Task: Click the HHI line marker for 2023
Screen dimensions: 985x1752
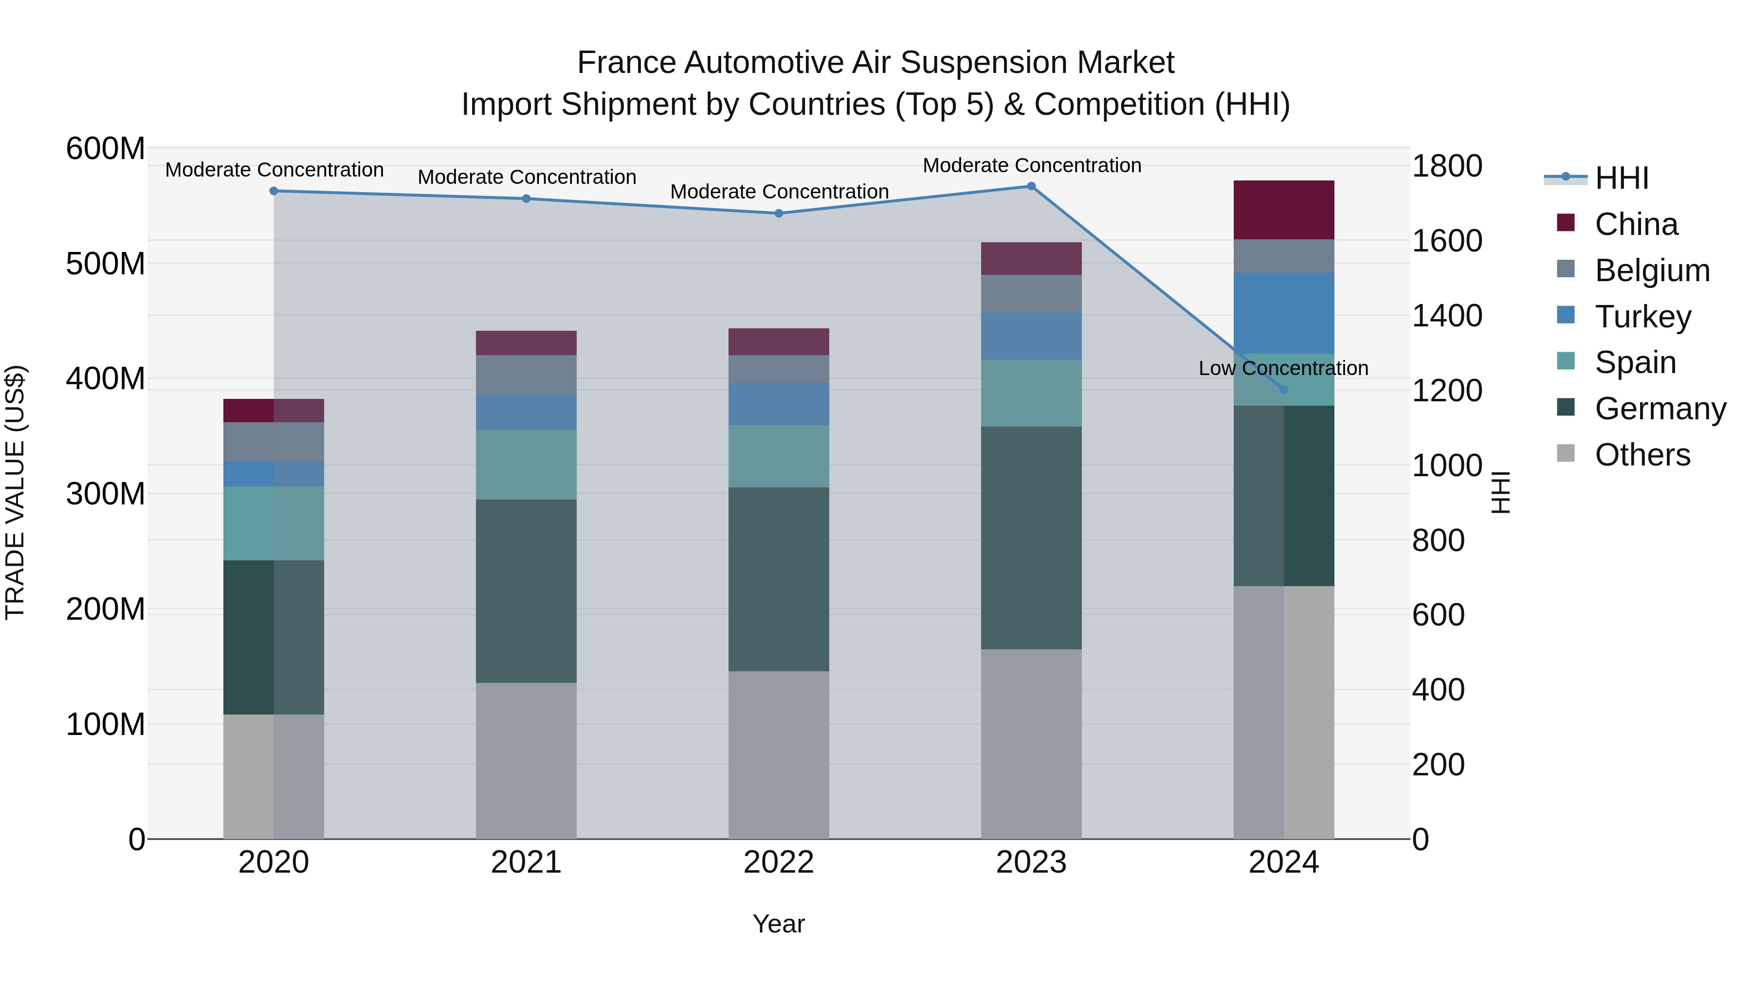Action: click(x=1031, y=186)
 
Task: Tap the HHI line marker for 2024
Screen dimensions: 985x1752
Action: click(x=1283, y=390)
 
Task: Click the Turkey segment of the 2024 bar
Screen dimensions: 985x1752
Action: click(x=1283, y=313)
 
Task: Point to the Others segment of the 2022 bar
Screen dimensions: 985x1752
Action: click(x=779, y=754)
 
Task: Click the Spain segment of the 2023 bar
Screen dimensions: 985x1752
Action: click(x=1031, y=393)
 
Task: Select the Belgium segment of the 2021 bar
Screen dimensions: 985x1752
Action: click(x=526, y=375)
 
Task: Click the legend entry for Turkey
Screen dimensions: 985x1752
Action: click(x=1642, y=317)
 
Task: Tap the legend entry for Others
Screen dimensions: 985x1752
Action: click(x=1642, y=455)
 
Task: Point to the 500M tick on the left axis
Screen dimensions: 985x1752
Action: click(x=106, y=264)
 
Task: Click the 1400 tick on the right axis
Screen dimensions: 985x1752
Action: click(x=1447, y=316)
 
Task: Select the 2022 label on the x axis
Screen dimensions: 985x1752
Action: click(x=779, y=862)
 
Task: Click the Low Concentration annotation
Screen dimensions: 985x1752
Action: click(x=1283, y=368)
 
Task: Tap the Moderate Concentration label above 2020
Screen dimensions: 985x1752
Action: click(x=274, y=170)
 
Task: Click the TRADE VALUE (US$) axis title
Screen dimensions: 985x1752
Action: click(x=15, y=492)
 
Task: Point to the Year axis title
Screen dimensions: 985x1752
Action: click(x=778, y=924)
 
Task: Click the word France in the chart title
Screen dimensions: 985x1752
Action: click(x=627, y=63)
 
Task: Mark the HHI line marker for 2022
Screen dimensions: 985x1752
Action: click(x=779, y=214)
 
